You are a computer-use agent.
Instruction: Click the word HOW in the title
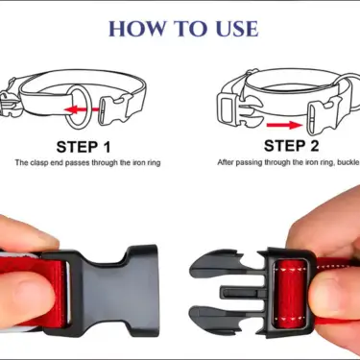click(135, 29)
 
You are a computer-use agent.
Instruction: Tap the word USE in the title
click(231, 29)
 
